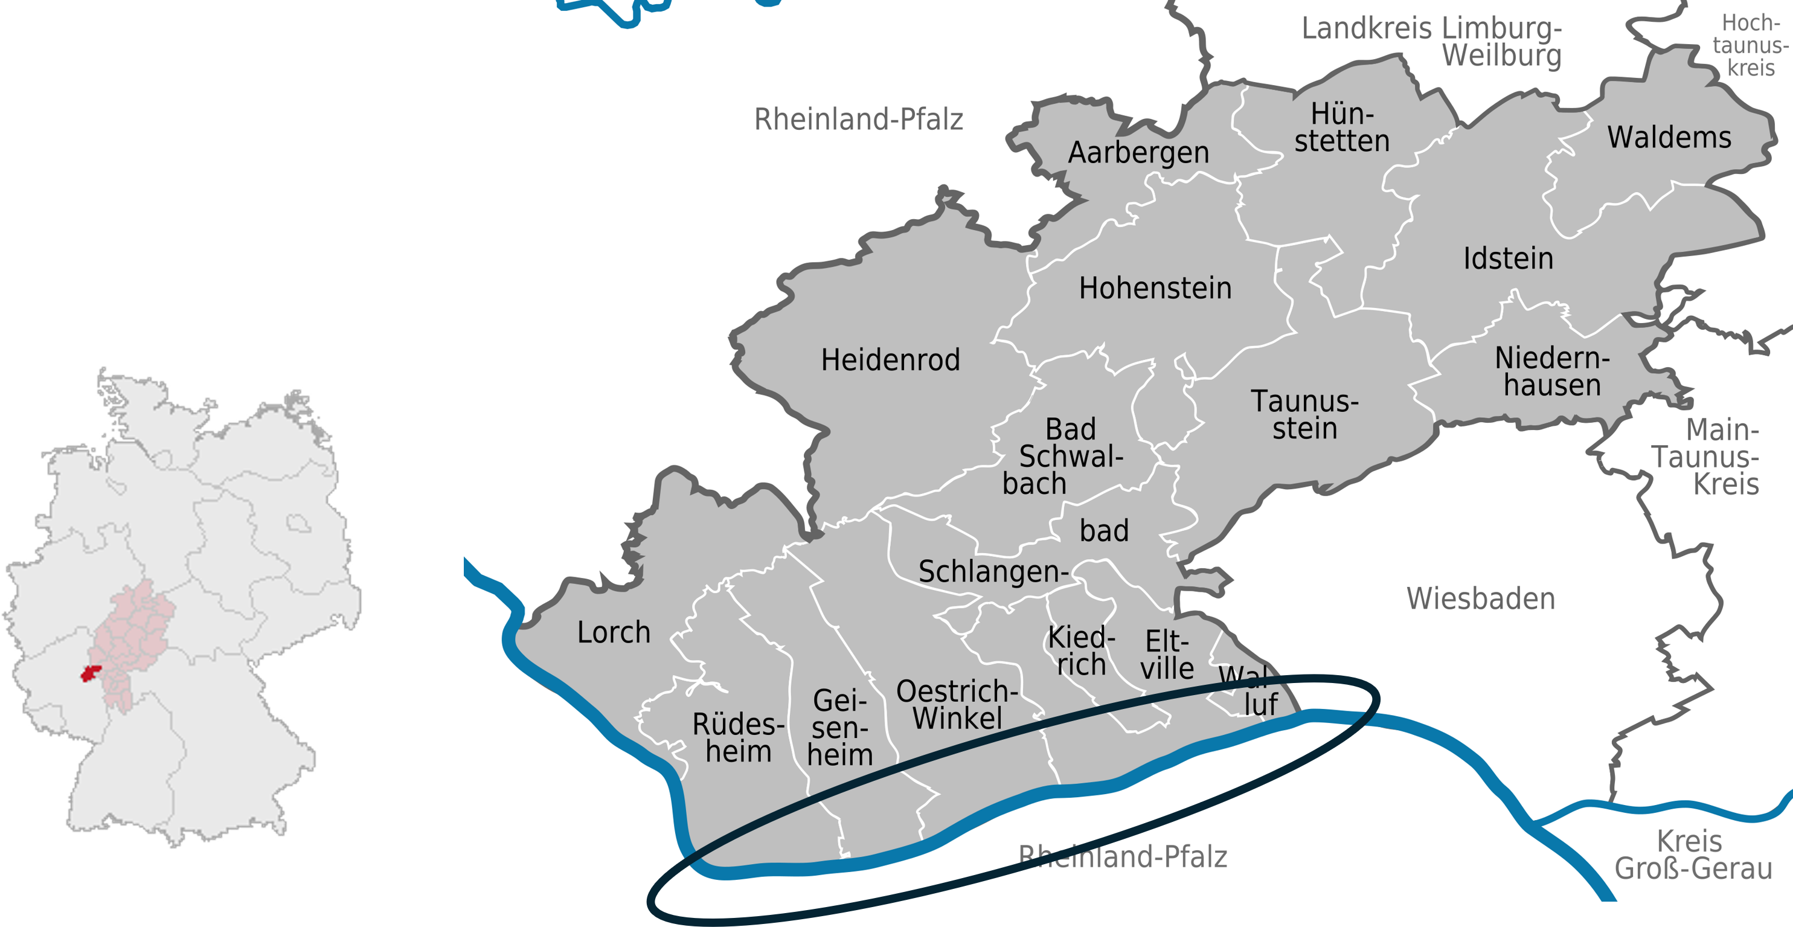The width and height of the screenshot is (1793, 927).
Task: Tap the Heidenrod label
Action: (890, 361)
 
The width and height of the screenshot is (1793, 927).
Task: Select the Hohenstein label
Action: (1155, 288)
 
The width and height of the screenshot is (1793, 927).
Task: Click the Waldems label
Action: (1669, 137)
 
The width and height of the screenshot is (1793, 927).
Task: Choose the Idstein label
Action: (1507, 259)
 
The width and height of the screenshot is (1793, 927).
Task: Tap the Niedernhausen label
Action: (1551, 371)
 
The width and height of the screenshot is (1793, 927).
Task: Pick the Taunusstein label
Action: (1304, 415)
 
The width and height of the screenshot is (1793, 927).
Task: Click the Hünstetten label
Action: (1341, 127)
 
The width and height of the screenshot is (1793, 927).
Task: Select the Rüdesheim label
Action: (739, 738)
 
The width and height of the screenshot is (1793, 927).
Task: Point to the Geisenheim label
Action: (840, 727)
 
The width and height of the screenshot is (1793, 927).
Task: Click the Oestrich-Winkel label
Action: (957, 704)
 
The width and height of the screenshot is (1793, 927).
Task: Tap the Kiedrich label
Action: (1082, 650)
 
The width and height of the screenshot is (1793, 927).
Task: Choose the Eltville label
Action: (1167, 655)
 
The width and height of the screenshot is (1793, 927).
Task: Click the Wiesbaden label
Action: (1480, 598)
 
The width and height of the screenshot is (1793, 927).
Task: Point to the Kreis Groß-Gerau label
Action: (1693, 855)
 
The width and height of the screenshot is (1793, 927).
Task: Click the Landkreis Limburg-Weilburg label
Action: (1432, 42)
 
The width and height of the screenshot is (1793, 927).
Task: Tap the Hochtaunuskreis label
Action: (1751, 45)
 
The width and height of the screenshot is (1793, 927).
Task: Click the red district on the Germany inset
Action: (91, 673)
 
